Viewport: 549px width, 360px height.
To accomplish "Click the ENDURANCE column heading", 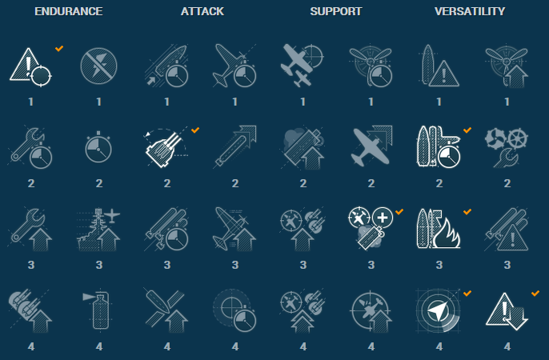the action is (x=69, y=11).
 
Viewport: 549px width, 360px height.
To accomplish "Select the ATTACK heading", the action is (x=202, y=11).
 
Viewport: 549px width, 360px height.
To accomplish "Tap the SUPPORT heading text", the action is (x=336, y=11).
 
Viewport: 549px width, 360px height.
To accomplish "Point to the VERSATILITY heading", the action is (x=470, y=11).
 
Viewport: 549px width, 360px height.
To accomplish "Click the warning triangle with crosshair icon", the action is (x=30, y=66).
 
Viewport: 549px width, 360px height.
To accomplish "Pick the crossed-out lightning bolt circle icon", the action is (x=98, y=66).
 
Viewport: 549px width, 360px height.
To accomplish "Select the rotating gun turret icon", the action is (x=165, y=148).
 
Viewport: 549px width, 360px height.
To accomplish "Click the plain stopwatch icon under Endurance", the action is (x=98, y=147).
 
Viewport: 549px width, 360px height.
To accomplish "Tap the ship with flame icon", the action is (x=439, y=229).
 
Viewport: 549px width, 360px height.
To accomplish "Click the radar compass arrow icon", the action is (x=438, y=310).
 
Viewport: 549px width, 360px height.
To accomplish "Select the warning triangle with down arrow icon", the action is (x=507, y=311).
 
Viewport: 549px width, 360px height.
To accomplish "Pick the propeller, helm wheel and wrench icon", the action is (x=507, y=148).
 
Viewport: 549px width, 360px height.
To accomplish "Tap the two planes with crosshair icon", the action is (x=302, y=66).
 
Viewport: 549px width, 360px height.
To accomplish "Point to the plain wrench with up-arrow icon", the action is (x=30, y=230).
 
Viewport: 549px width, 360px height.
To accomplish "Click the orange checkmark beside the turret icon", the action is (x=195, y=130).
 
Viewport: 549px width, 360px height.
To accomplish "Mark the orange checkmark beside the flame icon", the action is (x=467, y=212).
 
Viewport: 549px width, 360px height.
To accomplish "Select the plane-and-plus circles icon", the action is (x=371, y=228).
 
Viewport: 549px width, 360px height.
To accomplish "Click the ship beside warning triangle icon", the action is (x=439, y=66).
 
